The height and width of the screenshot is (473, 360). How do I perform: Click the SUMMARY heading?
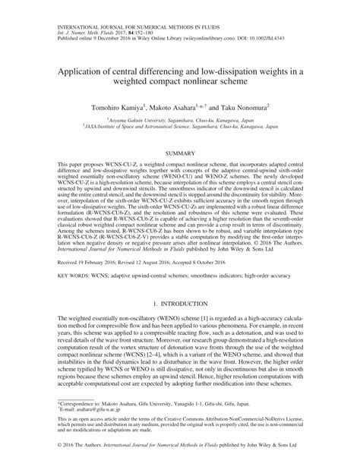point(179,153)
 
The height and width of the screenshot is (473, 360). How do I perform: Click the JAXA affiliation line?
point(179,127)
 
